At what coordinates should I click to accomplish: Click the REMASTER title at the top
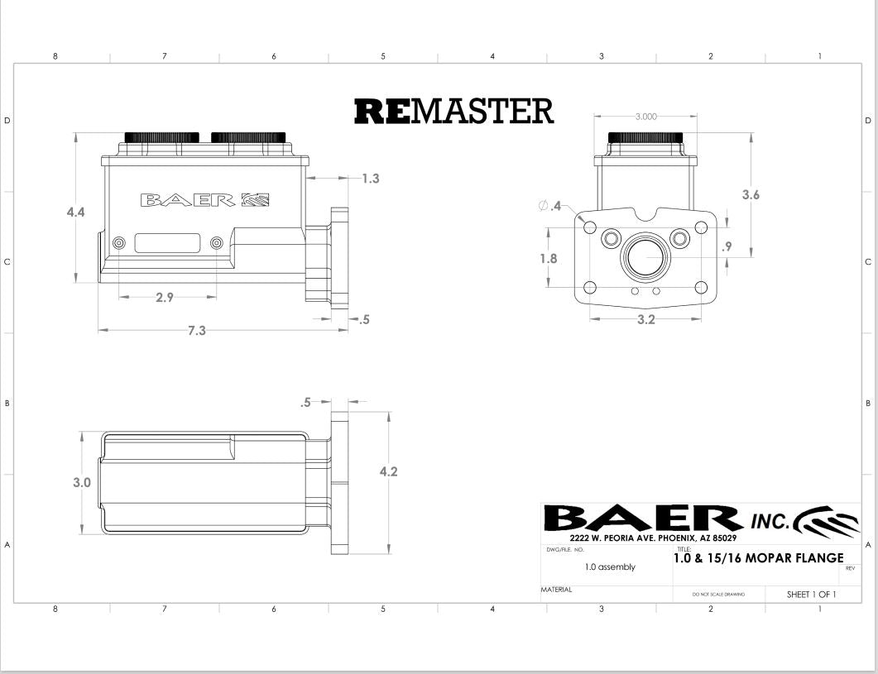click(454, 111)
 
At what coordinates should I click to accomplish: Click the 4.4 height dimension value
click(75, 213)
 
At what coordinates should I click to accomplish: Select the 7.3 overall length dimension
click(197, 331)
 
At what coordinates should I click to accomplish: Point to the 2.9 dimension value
click(165, 297)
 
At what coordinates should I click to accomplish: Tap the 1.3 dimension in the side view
click(371, 179)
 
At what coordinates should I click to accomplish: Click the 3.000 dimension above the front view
click(646, 117)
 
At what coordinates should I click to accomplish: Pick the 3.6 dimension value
click(751, 195)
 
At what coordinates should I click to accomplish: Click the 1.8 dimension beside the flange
click(549, 258)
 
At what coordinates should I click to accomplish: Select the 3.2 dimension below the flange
click(646, 320)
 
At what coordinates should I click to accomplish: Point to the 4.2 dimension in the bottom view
click(389, 472)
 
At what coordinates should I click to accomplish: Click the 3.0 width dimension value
click(82, 482)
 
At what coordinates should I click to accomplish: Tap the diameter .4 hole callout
click(549, 206)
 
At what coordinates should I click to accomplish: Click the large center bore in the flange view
click(645, 257)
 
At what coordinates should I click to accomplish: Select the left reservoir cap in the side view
click(162, 137)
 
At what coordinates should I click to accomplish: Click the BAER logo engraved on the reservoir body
click(205, 200)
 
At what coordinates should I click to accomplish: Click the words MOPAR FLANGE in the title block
click(794, 558)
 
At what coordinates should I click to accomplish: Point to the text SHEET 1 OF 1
click(811, 595)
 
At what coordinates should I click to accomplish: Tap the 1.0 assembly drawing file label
click(610, 567)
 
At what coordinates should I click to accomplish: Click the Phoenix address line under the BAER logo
click(653, 538)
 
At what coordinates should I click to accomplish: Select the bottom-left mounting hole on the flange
click(590, 288)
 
